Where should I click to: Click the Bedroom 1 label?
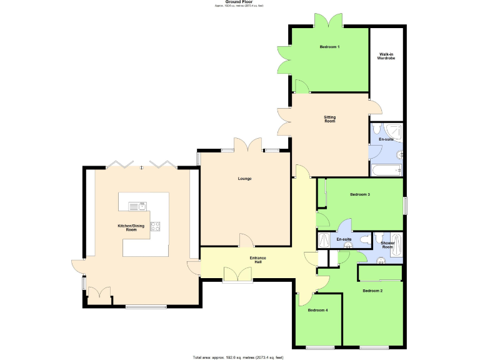pyautogui.click(x=329, y=47)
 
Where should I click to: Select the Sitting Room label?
pyautogui.click(x=329, y=119)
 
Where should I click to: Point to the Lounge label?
pyautogui.click(x=244, y=179)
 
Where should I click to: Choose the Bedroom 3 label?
pyautogui.click(x=360, y=194)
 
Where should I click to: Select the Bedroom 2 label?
pyautogui.click(x=372, y=291)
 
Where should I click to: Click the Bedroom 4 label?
pyautogui.click(x=317, y=310)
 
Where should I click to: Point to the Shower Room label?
pyautogui.click(x=387, y=245)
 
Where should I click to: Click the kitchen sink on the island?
pyautogui.click(x=137, y=206)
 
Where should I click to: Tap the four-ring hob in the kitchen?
pyautogui.click(x=156, y=227)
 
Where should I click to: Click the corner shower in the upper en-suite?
pyautogui.click(x=394, y=131)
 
